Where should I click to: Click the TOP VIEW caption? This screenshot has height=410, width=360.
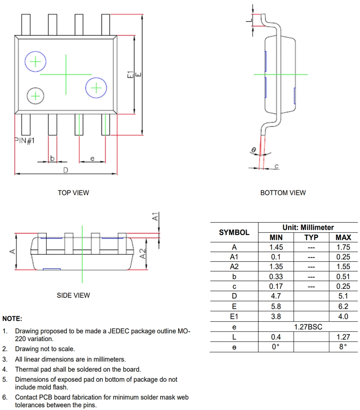[73, 193]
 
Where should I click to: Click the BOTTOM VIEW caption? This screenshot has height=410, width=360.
[283, 193]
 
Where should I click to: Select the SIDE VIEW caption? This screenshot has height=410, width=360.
[73, 296]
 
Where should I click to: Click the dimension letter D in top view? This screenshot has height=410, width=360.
[65, 170]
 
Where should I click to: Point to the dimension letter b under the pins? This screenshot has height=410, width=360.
[52, 158]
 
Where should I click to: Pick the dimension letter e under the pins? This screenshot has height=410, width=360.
[92, 158]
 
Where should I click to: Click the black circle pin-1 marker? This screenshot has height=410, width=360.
[36, 96]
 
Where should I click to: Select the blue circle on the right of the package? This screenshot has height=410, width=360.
[96, 88]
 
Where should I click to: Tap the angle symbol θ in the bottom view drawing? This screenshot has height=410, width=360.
[253, 150]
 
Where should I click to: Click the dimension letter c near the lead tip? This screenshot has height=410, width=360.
[276, 166]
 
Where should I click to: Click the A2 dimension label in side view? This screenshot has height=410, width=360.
[142, 254]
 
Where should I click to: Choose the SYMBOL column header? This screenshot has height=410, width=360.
[234, 233]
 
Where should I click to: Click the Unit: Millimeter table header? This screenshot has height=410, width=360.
[308, 227]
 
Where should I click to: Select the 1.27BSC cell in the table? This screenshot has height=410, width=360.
[308, 327]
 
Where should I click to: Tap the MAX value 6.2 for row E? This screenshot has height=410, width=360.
[343, 306]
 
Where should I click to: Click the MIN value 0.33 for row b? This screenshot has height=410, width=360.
[276, 277]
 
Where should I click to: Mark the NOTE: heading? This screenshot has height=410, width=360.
[12, 318]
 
